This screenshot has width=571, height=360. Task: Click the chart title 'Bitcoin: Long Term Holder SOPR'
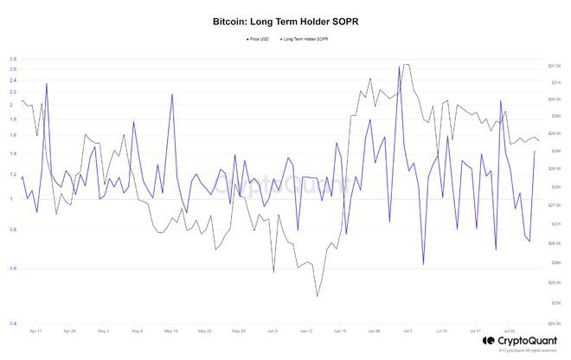[x=285, y=18]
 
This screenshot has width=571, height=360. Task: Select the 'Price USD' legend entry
[x=257, y=39]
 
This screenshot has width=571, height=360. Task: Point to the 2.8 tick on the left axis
[x=14, y=59]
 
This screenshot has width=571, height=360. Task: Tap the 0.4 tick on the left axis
[x=14, y=324]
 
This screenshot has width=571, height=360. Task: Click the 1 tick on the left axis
[x=14, y=199]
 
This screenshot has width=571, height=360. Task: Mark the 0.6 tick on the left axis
[x=14, y=268]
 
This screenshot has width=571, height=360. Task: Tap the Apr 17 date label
[x=35, y=331]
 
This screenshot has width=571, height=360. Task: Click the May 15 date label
[x=170, y=331]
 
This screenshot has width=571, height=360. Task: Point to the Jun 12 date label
[x=306, y=331]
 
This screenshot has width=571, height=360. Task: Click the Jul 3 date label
[x=407, y=331]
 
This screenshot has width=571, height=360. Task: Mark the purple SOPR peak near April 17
[x=46, y=84]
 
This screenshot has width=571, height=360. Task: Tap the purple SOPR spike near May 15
[x=172, y=93]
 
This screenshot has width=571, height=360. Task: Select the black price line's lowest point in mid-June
[x=317, y=297]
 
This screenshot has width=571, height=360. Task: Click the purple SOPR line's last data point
[x=535, y=151]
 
